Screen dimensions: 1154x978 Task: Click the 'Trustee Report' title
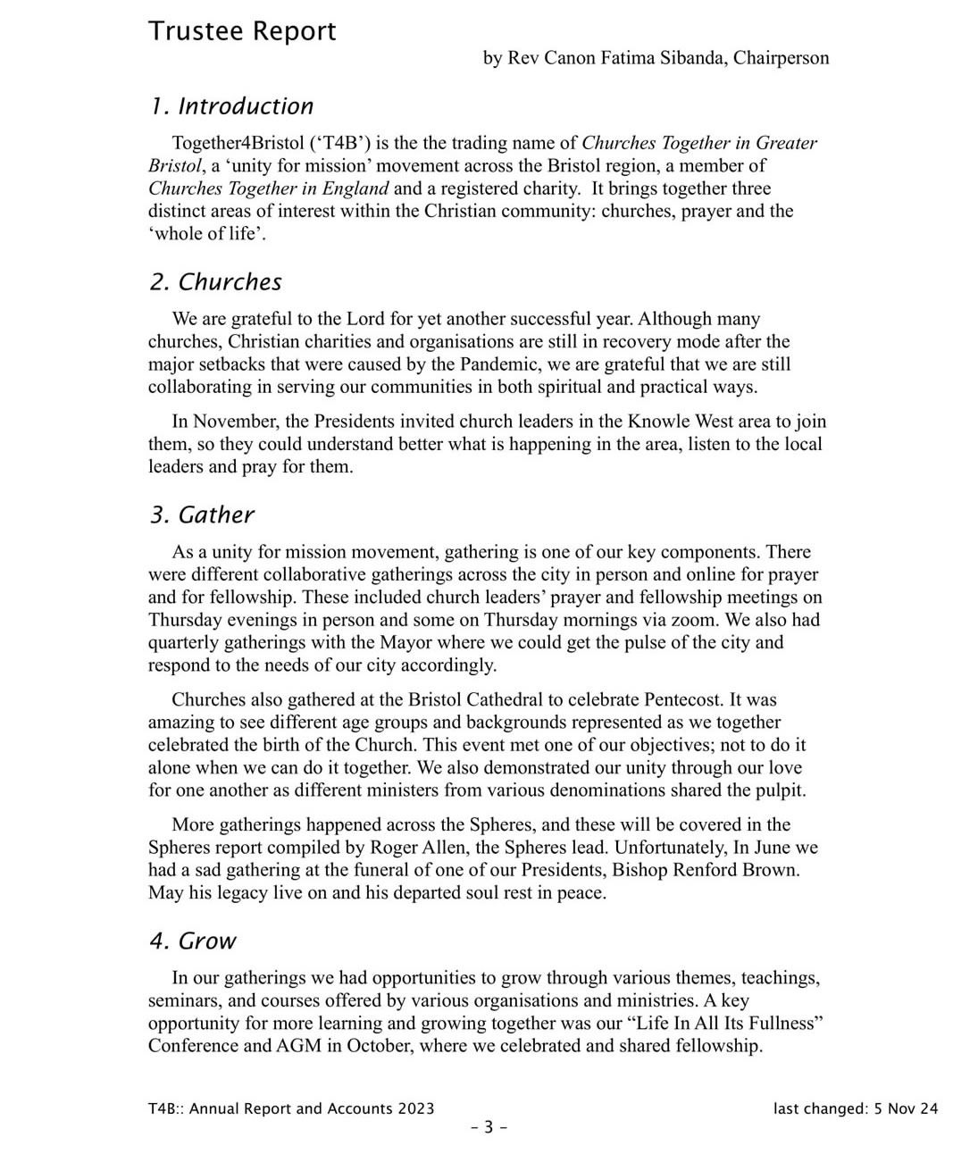pyautogui.click(x=242, y=31)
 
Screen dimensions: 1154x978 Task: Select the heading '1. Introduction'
pyautogui.click(x=231, y=106)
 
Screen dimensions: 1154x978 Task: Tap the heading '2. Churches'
pyautogui.click(x=215, y=282)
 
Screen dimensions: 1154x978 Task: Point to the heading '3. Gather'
pyautogui.click(x=202, y=515)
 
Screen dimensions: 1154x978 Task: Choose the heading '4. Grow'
pyautogui.click(x=193, y=941)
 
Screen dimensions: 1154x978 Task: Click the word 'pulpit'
pyautogui.click(x=780, y=790)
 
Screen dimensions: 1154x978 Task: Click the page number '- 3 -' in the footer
pyautogui.click(x=489, y=1127)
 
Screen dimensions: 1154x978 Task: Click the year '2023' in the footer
pyautogui.click(x=415, y=1108)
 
